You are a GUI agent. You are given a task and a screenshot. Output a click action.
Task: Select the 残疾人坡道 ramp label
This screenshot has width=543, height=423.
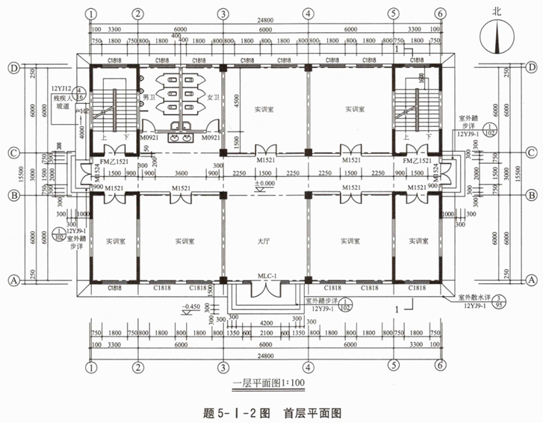click(x=62, y=102)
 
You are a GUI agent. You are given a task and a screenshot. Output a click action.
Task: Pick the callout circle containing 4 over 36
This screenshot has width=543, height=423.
click(x=80, y=93)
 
